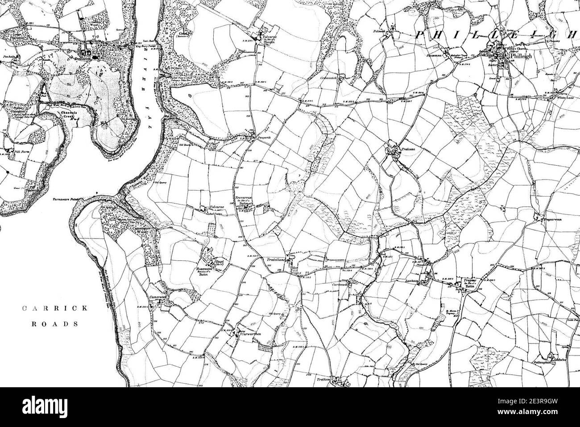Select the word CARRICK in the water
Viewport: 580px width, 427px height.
click(x=50, y=308)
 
